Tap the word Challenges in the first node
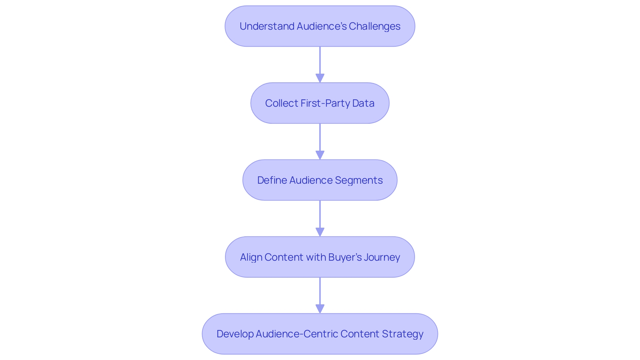(374, 26)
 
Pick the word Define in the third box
(272, 180)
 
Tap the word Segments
(359, 180)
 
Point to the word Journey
(382, 257)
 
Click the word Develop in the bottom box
(235, 334)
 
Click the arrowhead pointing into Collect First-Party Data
(320, 78)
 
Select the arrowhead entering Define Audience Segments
(320, 155)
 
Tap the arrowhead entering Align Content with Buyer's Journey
(320, 232)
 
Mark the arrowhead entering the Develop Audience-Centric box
(320, 309)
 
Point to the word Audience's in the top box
(322, 26)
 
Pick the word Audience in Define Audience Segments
(311, 180)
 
